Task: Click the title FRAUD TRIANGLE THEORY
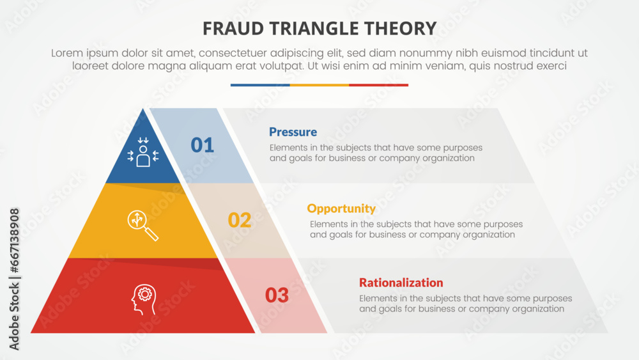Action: point(319,28)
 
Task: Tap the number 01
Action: point(203,145)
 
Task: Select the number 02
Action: point(240,220)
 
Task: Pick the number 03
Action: point(277,295)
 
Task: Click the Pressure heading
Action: point(293,132)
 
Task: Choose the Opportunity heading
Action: point(341,208)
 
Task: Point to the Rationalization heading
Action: point(401,283)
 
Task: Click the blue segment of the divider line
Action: point(260,85)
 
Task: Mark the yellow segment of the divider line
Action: point(319,85)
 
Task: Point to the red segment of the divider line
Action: point(378,85)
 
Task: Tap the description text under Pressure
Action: point(375,153)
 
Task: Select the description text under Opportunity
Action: point(416,230)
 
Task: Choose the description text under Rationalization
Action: point(465,304)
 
